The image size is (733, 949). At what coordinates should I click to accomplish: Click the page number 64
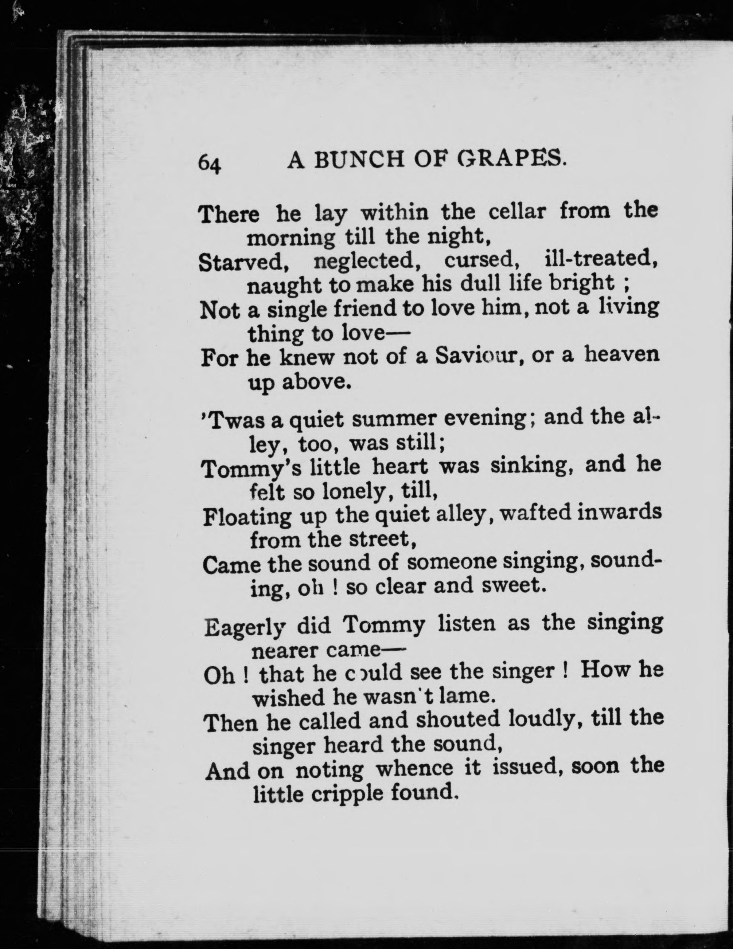tap(210, 164)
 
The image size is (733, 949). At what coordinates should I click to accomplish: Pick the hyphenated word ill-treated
tap(600, 259)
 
